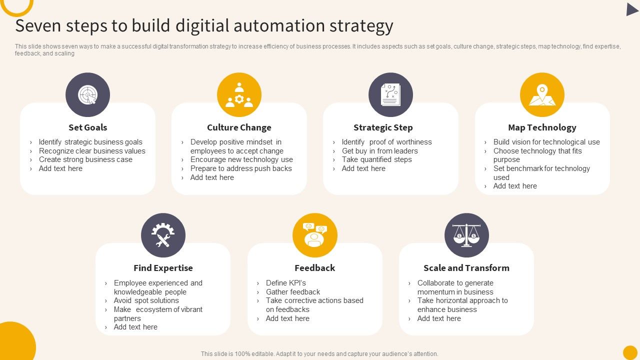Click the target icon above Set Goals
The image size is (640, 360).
pyautogui.click(x=87, y=94)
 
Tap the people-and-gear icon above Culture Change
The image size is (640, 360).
pyautogui.click(x=239, y=94)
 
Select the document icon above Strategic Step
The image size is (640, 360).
pyautogui.click(x=390, y=94)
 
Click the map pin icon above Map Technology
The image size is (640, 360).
pyautogui.click(x=542, y=94)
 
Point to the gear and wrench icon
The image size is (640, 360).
pyautogui.click(x=163, y=235)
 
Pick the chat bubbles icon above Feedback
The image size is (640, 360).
pyautogui.click(x=314, y=235)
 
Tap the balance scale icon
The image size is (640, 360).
pyautogui.click(x=466, y=235)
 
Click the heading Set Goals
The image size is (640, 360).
pyautogui.click(x=87, y=127)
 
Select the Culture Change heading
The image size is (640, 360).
pyautogui.click(x=239, y=127)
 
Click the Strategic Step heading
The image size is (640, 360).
pyautogui.click(x=383, y=127)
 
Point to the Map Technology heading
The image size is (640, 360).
pyautogui.click(x=542, y=127)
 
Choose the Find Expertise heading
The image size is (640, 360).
pyautogui.click(x=163, y=268)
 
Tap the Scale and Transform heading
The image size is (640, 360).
pyautogui.click(x=466, y=268)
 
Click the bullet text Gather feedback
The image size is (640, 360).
pyautogui.click(x=293, y=292)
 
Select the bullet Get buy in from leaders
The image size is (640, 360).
pyautogui.click(x=379, y=151)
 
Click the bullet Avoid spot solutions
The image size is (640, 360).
pyautogui.click(x=146, y=300)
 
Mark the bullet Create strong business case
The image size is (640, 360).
pyautogui.click(x=85, y=159)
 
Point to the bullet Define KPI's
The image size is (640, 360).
pyautogui.click(x=285, y=283)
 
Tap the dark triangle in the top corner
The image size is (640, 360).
pyautogui.click(x=631, y=9)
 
